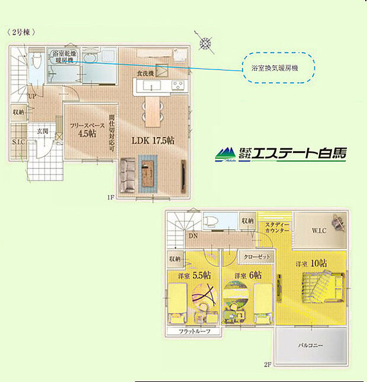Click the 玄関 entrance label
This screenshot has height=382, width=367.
tap(43, 130)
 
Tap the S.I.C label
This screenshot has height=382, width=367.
tap(18, 142)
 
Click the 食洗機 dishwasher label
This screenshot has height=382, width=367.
tap(146, 72)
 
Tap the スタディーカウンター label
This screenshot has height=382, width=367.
tap(276, 226)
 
